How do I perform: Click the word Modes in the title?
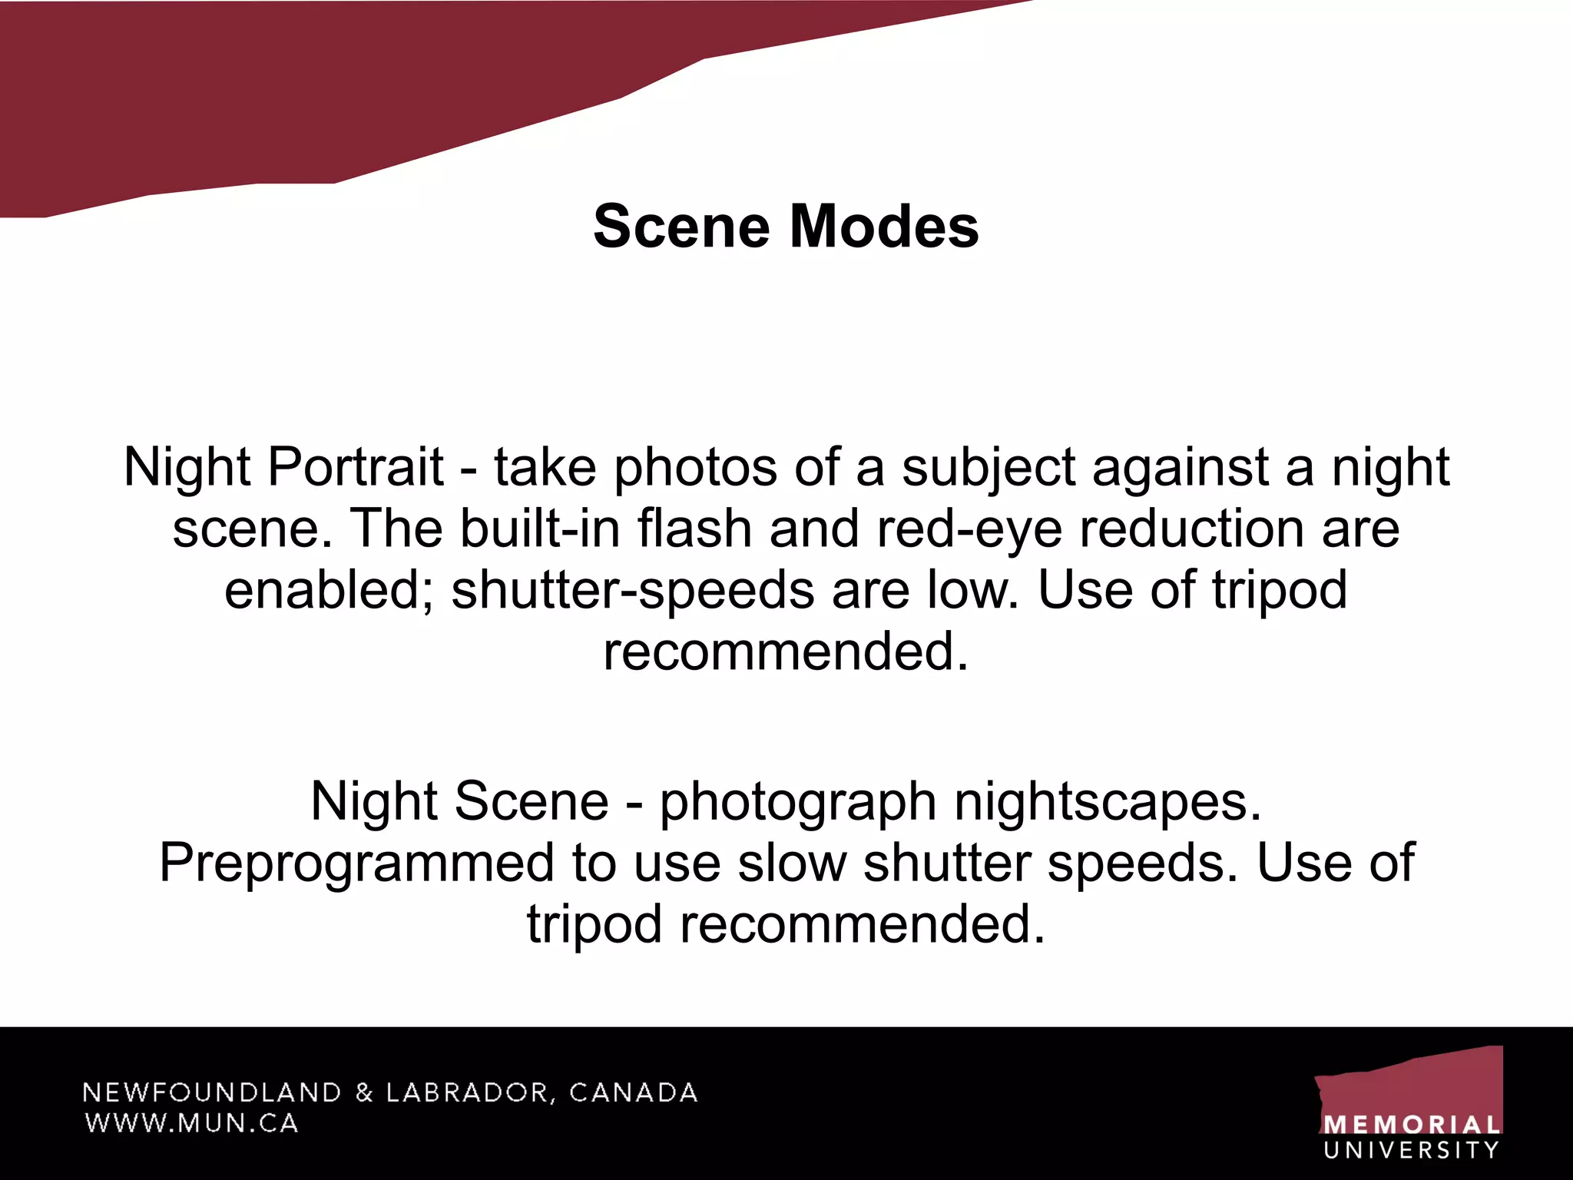(884, 227)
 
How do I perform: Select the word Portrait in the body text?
(355, 467)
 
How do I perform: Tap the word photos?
(695, 467)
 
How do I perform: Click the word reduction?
(1191, 529)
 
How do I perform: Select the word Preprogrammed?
(356, 863)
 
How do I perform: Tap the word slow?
(792, 863)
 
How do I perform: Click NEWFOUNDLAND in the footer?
(212, 1092)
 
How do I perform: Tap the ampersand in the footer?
(364, 1092)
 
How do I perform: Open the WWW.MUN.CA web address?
(191, 1123)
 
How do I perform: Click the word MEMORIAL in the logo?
(1412, 1125)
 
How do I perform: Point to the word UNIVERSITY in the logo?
(1412, 1150)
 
